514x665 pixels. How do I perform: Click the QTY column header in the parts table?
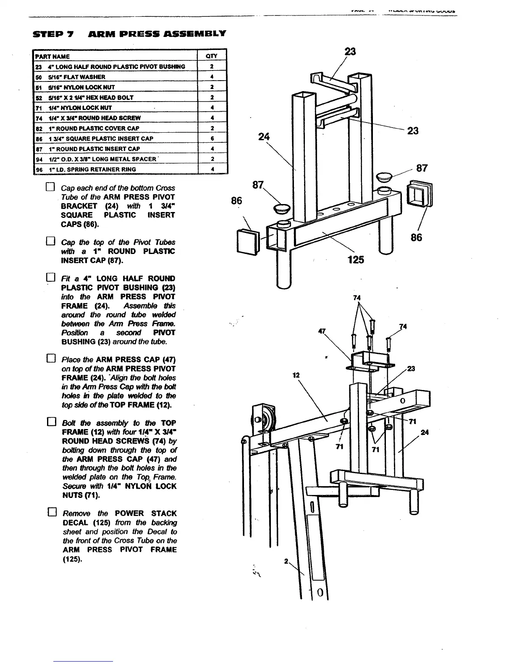pyautogui.click(x=212, y=56)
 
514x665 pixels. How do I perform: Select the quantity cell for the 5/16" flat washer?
pyautogui.click(x=212, y=77)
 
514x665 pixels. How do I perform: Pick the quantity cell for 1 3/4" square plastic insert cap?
pyautogui.click(x=212, y=139)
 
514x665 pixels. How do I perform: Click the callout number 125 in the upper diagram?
pyautogui.click(x=356, y=260)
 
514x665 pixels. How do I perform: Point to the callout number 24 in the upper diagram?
pyautogui.click(x=264, y=136)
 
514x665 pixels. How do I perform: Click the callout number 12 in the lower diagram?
pyautogui.click(x=296, y=375)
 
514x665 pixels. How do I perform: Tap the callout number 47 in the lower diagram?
pyautogui.click(x=322, y=331)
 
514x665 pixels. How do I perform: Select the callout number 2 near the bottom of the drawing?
pyautogui.click(x=286, y=561)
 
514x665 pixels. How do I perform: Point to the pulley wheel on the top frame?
pyautogui.click(x=260, y=419)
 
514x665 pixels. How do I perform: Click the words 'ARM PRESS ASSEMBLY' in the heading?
pyautogui.click(x=157, y=34)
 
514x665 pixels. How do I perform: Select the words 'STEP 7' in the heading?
pyautogui.click(x=53, y=34)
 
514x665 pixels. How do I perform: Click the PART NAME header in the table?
pyautogui.click(x=52, y=56)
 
